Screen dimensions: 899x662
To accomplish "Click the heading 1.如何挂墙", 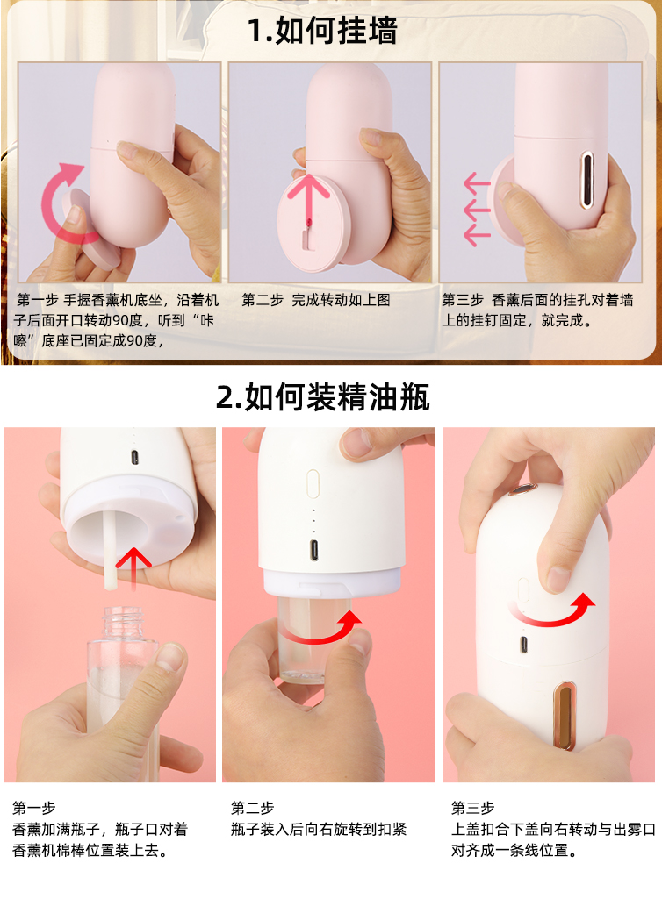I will pos(322,31).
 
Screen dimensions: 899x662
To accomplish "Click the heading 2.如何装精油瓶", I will pos(322,397).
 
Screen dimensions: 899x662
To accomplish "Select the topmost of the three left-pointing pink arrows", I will pos(477,184).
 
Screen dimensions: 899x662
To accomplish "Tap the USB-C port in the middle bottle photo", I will pos(314,550).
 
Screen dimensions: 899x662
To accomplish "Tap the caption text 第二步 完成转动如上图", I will pos(315,300).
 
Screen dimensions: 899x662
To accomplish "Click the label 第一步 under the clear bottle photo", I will pos(33,808).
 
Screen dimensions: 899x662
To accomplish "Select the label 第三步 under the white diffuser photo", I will pos(472,808).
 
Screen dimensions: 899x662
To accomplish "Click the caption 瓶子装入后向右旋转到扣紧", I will pos(319,829).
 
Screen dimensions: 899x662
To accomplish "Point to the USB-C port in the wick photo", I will pos(133,458).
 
